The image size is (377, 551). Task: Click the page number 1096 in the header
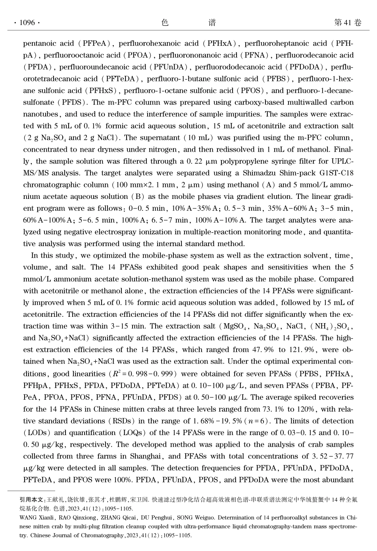click(x=27, y=23)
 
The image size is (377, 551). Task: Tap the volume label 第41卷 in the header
click(x=348, y=23)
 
